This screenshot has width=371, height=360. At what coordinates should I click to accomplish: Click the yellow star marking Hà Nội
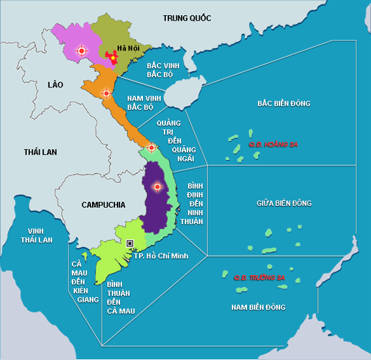pyautogui.click(x=112, y=59)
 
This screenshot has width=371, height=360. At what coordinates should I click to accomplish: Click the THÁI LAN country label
pyautogui.click(x=40, y=152)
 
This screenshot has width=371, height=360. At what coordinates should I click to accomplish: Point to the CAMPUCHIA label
pyautogui.click(x=103, y=205)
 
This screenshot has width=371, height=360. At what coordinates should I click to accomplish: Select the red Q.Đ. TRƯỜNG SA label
pyautogui.click(x=259, y=278)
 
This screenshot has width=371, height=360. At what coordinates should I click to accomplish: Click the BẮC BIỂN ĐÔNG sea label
pyautogui.click(x=283, y=103)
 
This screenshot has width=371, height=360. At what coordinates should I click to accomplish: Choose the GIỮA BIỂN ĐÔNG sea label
pyautogui.click(x=284, y=203)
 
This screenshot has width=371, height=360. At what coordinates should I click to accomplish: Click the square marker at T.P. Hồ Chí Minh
pyautogui.click(x=130, y=243)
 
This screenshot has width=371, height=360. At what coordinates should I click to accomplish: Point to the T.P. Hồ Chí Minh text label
pyautogui.click(x=161, y=255)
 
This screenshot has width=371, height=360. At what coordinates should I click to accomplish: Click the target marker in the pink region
pyautogui.click(x=81, y=50)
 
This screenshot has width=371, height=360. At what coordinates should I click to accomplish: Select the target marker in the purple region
pyautogui.click(x=156, y=187)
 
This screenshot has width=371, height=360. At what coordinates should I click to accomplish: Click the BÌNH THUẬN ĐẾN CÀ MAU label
pyautogui.click(x=120, y=298)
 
